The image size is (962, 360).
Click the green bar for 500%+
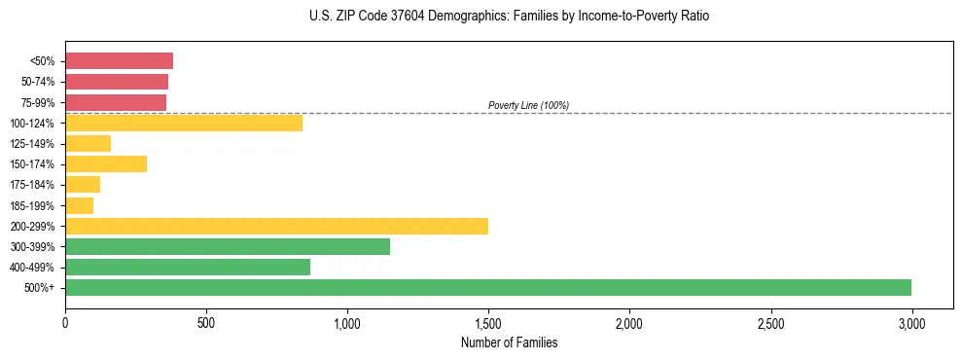click(x=488, y=287)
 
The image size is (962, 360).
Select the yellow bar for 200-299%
click(x=276, y=226)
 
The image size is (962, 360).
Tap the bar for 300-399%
click(x=228, y=246)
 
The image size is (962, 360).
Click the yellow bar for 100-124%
click(x=184, y=123)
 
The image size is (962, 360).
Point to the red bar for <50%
click(x=119, y=61)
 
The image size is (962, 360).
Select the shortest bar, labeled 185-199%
click(x=80, y=205)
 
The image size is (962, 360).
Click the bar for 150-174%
click(x=106, y=163)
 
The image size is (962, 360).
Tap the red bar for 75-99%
click(x=116, y=102)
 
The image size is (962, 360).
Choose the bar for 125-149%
click(x=88, y=143)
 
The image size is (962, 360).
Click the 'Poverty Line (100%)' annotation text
click(x=528, y=105)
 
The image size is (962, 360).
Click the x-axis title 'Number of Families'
click(x=509, y=342)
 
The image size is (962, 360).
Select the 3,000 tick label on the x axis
click(x=911, y=322)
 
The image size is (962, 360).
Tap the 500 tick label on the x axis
click(x=206, y=322)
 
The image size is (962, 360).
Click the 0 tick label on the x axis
click(x=65, y=322)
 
